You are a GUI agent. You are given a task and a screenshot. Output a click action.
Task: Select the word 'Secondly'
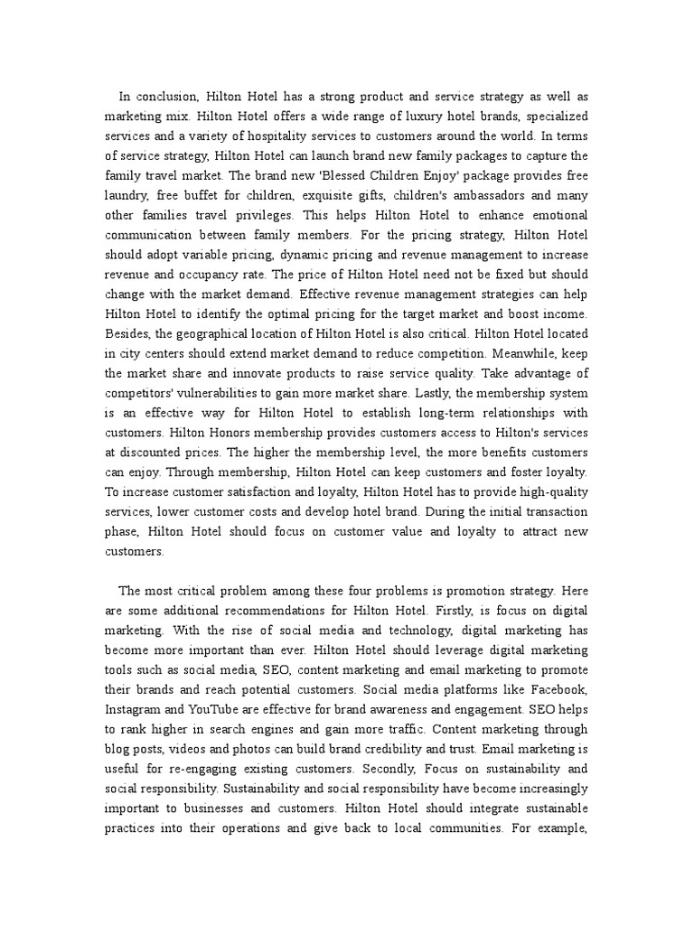click(390, 769)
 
